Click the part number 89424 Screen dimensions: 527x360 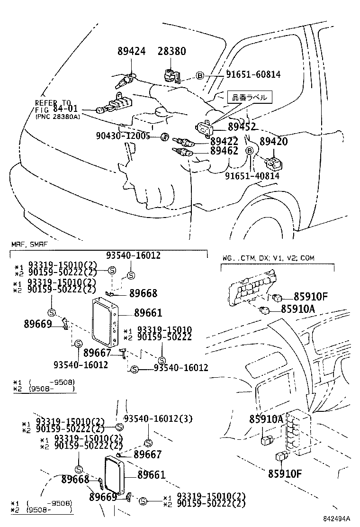click(x=132, y=52)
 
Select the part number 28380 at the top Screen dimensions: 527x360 click(x=171, y=52)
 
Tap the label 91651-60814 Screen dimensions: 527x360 click(x=252, y=74)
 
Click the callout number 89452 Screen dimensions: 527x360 click(x=242, y=127)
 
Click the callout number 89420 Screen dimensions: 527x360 click(x=274, y=141)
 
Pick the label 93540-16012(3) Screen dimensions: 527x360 click(x=158, y=418)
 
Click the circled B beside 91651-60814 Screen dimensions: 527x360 click(x=200, y=75)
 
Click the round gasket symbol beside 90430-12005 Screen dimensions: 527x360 click(x=164, y=137)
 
